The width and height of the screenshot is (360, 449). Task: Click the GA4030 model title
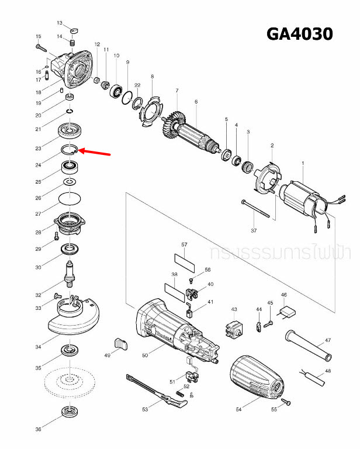pyautogui.click(x=299, y=34)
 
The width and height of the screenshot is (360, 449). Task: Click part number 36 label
pyautogui.click(x=38, y=430)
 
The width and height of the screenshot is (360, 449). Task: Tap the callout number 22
pyautogui.click(x=137, y=85)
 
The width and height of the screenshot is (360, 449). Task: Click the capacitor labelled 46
pyautogui.click(x=288, y=313)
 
